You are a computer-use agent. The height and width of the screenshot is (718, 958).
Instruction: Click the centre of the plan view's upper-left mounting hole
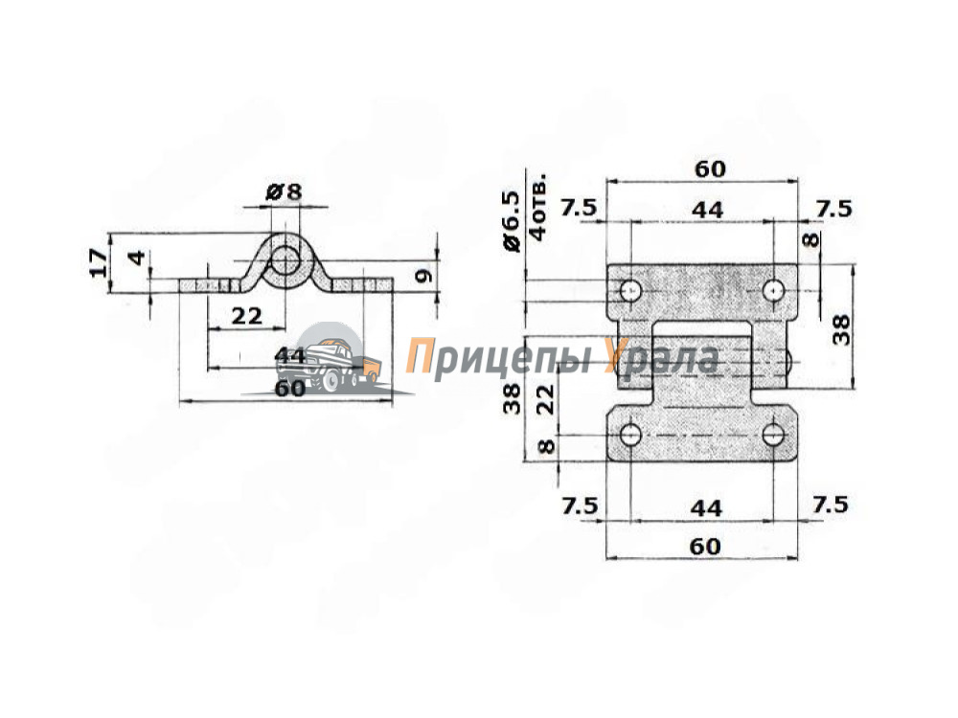pos(630,290)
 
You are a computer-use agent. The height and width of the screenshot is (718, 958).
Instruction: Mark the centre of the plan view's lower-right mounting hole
pos(773,435)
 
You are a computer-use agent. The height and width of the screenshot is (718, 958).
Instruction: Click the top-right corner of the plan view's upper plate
pos(797,264)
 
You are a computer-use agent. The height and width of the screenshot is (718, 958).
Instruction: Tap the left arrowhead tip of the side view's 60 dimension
pos(180,401)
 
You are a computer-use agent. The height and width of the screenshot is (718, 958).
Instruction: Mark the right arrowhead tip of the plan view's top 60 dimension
pos(798,181)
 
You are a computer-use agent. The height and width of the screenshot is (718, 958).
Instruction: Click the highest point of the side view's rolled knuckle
pos(285,234)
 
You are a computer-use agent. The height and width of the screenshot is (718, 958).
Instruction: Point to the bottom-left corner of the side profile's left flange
pos(180,292)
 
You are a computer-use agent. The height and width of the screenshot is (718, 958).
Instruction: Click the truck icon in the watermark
pos(328,363)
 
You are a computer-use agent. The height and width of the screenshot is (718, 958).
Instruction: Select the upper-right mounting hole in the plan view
pos(773,290)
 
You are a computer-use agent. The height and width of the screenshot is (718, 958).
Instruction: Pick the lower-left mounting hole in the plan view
pos(630,435)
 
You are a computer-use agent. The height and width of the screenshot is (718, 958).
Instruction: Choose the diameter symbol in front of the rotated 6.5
pos(511,243)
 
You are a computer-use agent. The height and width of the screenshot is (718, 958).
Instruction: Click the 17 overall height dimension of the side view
pos(100,263)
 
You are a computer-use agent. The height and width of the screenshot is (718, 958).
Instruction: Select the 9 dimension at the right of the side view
pos(422,276)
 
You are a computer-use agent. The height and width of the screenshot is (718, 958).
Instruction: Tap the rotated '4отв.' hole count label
pos(537,209)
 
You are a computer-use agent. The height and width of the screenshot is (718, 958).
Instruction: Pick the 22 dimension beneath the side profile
pos(247,316)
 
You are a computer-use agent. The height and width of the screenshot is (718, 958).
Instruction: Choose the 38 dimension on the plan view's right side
pos(841,330)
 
